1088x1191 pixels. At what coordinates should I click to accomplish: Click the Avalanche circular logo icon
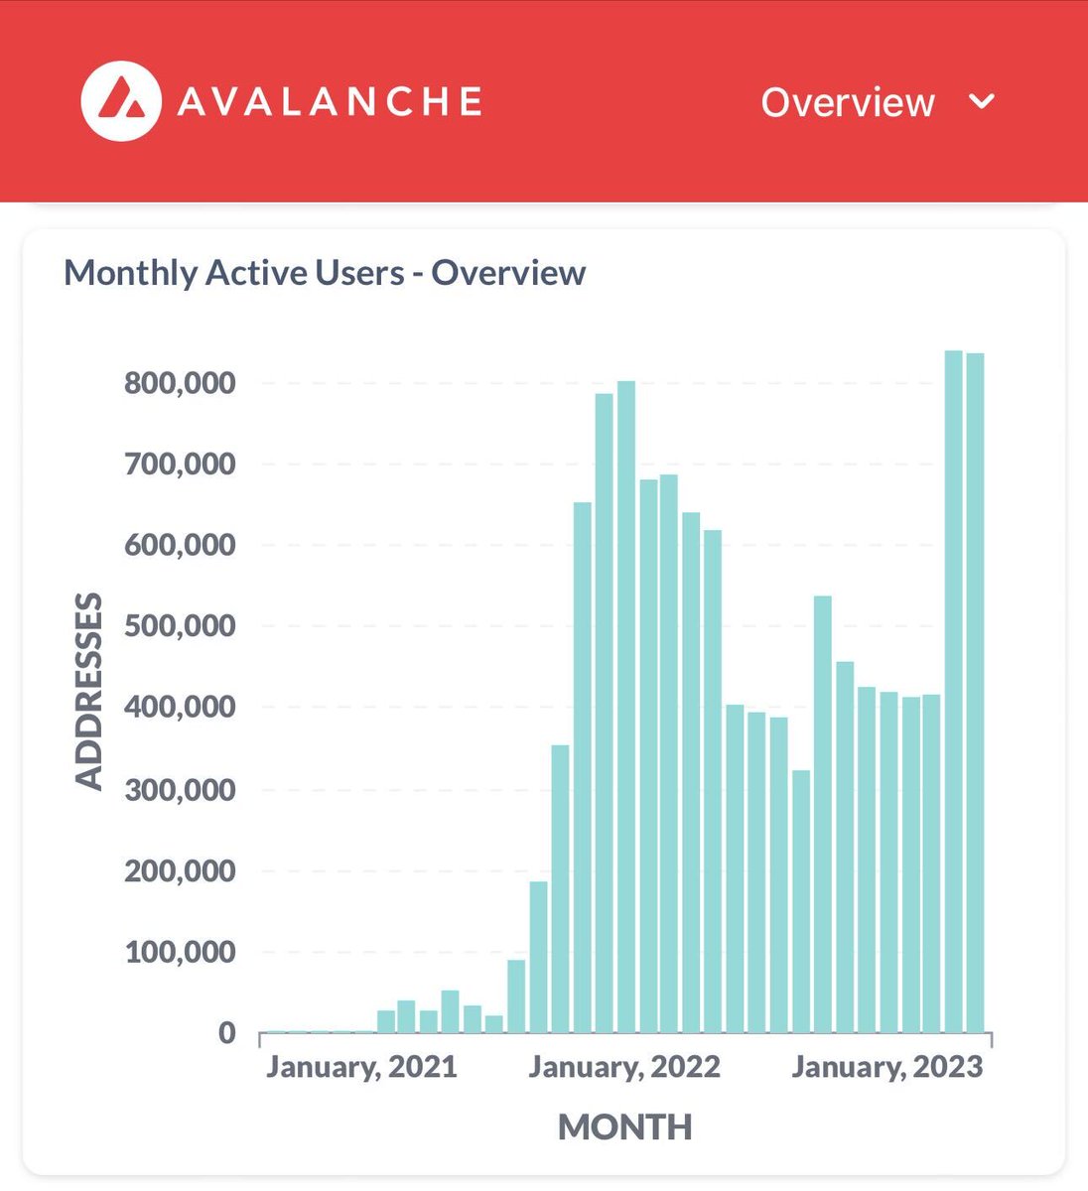(121, 101)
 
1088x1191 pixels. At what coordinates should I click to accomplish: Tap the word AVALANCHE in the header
(330, 102)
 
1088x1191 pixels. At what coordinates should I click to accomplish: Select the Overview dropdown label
(848, 102)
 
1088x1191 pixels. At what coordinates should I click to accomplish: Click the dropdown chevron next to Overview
(981, 101)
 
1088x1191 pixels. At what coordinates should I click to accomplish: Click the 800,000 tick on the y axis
(180, 383)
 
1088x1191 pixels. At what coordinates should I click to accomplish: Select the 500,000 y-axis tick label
(180, 626)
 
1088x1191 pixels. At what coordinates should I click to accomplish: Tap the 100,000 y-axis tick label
(180, 953)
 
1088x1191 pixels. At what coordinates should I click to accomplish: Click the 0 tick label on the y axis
(226, 1033)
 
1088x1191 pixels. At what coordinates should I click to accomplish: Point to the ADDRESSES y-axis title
(89, 691)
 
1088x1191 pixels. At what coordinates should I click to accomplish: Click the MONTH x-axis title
(624, 1127)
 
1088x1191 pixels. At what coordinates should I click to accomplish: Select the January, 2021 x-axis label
(361, 1068)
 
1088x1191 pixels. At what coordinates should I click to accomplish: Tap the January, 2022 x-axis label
(624, 1068)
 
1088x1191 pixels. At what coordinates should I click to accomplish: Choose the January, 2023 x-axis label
(886, 1068)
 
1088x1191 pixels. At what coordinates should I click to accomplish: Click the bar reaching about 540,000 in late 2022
(822, 814)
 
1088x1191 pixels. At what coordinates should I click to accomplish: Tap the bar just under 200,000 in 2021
(538, 957)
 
